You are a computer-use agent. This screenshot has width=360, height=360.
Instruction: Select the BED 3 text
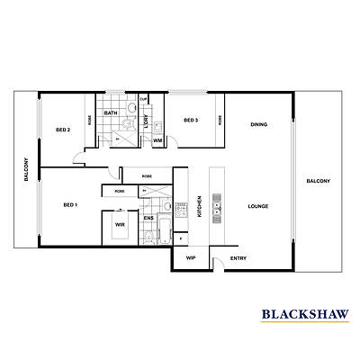pos(190,120)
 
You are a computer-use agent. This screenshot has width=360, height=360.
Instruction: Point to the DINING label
pos(258,124)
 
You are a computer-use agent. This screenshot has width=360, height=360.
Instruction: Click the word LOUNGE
pos(259,206)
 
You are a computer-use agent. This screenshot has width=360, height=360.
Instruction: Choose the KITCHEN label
pos(200,208)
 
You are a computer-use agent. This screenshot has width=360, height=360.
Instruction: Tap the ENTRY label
pos(238,258)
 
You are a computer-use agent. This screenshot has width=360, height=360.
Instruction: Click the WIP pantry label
pos(191,258)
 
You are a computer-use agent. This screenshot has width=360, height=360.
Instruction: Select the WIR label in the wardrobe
pos(120,225)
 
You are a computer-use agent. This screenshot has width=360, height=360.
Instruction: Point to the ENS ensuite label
pos(149,217)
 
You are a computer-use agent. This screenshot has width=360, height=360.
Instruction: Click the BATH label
pos(111,113)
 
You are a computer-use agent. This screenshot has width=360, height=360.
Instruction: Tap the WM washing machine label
pos(157,140)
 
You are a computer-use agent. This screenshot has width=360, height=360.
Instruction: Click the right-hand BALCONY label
pos(317,180)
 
